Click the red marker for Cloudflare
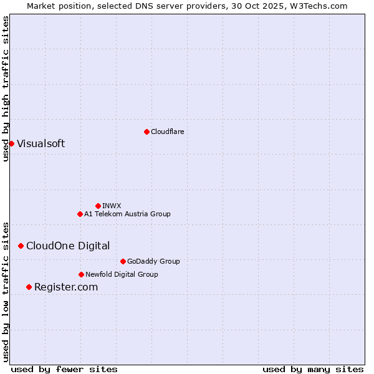(x=146, y=132)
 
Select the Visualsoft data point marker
(x=11, y=143)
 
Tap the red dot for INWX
(x=98, y=206)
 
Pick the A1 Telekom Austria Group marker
(x=80, y=214)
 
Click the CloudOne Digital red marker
(x=21, y=246)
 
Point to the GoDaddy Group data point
(x=123, y=261)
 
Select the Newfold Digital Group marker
(x=81, y=274)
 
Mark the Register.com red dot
(x=29, y=287)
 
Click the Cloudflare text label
(x=168, y=132)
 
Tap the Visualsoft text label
(x=41, y=143)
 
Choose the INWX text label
(x=112, y=206)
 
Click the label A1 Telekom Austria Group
(x=127, y=214)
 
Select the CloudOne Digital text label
(x=68, y=246)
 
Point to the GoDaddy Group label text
(x=153, y=261)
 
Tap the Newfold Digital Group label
(x=122, y=274)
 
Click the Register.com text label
(x=66, y=287)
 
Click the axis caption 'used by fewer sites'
(x=64, y=369)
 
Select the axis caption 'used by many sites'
(x=313, y=369)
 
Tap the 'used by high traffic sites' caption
(x=6, y=89)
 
